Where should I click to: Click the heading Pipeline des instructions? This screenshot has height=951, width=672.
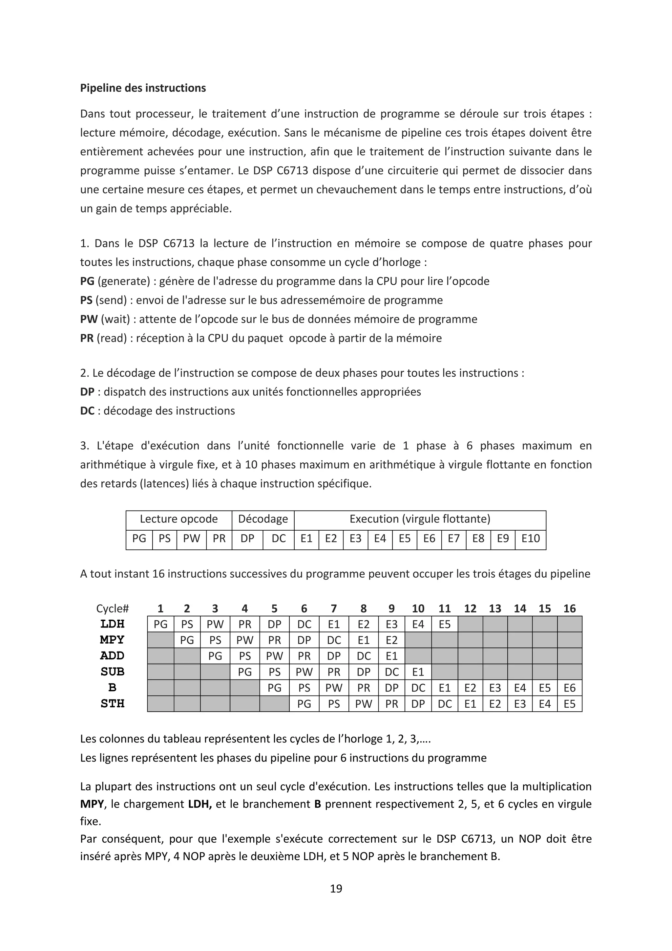click(143, 88)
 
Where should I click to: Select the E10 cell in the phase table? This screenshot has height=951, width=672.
click(531, 539)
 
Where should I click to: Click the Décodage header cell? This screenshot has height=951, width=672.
click(263, 519)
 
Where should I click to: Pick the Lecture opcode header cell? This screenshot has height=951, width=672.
click(179, 519)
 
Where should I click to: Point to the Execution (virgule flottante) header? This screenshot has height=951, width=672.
click(420, 519)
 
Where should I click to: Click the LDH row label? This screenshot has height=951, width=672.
click(112, 624)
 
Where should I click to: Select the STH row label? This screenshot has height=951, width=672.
click(112, 704)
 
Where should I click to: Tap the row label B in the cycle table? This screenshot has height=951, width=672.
click(112, 688)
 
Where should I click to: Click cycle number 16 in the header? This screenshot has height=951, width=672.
click(569, 608)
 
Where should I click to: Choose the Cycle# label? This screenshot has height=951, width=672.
click(113, 608)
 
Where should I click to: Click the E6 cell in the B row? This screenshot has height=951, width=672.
click(569, 688)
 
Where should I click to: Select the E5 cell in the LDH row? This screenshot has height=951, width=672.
click(444, 624)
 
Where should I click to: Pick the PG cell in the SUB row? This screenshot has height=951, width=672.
click(244, 672)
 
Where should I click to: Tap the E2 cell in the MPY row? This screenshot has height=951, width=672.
click(391, 640)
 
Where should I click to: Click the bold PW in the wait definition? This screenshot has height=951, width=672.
click(89, 319)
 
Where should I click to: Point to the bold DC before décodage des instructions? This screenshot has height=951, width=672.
click(87, 411)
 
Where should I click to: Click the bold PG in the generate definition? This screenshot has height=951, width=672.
click(87, 281)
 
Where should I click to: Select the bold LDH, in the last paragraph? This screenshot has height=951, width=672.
click(200, 804)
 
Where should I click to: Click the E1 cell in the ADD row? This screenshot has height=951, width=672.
click(391, 656)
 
